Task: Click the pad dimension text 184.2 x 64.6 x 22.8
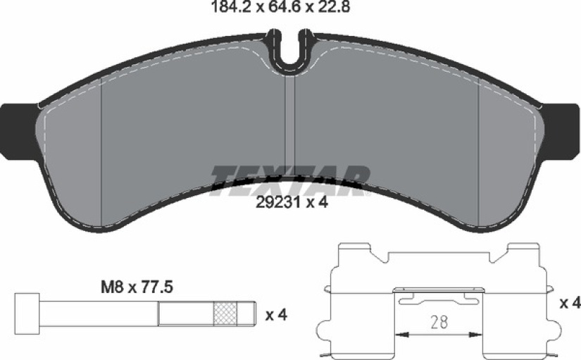[280, 6]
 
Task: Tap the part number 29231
[274, 202]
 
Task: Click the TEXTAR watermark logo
[290, 180]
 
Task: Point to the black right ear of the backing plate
[561, 132]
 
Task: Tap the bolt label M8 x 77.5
[137, 287]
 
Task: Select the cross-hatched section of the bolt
[225, 314]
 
